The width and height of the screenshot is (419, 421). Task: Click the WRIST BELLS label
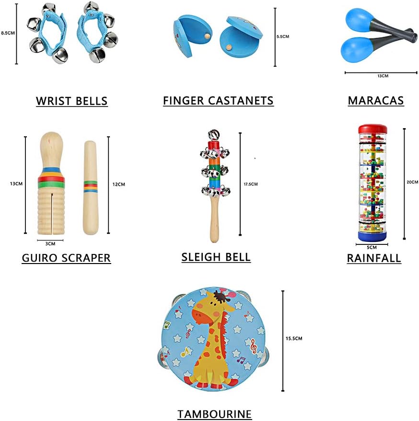[x=71, y=101]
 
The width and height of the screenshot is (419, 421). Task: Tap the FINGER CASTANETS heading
[x=218, y=100]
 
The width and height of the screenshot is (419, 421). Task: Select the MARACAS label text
[x=376, y=100]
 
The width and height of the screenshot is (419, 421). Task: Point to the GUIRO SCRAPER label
[x=66, y=258]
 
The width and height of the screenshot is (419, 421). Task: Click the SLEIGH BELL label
[x=216, y=257]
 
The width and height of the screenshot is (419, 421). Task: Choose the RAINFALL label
[x=374, y=258]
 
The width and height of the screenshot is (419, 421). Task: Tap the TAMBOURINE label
[x=214, y=414]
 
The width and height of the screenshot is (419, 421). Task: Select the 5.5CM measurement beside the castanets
[x=283, y=36]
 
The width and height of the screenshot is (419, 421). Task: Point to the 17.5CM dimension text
[x=250, y=184]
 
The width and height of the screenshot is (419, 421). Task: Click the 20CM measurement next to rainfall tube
[x=412, y=182]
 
